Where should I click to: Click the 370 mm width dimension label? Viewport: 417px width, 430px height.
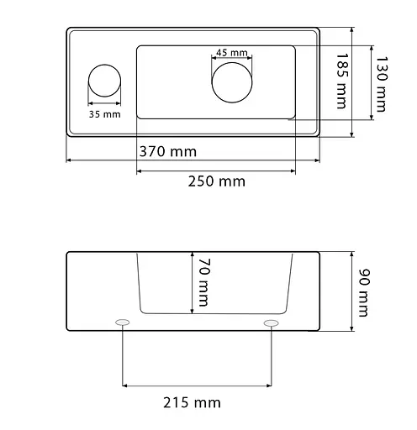pyautogui.click(x=168, y=151)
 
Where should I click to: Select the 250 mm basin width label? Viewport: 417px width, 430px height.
pyautogui.click(x=217, y=181)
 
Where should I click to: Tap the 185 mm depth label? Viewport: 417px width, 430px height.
pyautogui.click(x=341, y=81)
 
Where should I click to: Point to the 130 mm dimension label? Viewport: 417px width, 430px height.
pyautogui.click(x=382, y=84)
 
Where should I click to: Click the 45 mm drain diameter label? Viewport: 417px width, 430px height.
pyautogui.click(x=232, y=52)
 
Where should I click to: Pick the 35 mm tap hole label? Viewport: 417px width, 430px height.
pyautogui.click(x=105, y=114)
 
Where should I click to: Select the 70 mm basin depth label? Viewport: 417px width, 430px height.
pyautogui.click(x=204, y=282)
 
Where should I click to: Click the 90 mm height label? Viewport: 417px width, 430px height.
pyautogui.click(x=365, y=293)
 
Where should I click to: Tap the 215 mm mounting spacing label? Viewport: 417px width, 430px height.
pyautogui.click(x=192, y=403)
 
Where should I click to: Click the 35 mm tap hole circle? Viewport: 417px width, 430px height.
pyautogui.click(x=104, y=65)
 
